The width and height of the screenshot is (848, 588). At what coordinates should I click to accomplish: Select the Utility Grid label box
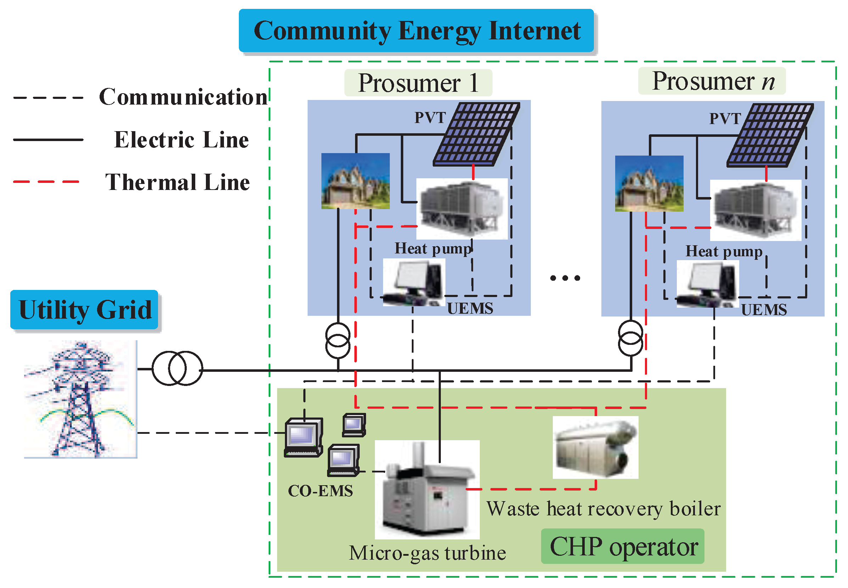84,309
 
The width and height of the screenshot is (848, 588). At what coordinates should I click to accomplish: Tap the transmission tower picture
80,399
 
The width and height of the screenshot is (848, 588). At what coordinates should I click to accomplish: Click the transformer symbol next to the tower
177,368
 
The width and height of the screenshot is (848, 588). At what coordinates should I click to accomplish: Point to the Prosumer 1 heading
418,83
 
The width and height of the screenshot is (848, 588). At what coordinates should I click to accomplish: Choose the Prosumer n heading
712,81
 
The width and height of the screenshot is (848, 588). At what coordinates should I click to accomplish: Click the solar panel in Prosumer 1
477,134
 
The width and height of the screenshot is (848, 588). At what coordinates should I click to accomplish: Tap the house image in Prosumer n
649,184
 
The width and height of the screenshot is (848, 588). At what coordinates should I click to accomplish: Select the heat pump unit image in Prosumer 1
462,209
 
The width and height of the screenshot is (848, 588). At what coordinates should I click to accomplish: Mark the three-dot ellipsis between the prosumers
565,278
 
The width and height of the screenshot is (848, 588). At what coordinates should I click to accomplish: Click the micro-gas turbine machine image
427,489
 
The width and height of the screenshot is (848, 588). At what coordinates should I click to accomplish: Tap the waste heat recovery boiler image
595,447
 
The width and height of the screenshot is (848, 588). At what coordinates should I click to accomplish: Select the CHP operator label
623,547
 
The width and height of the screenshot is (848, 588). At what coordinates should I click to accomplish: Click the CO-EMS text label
320,491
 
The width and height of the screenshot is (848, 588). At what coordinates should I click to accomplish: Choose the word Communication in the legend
183,97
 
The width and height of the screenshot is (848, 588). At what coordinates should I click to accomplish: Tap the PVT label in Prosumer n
725,119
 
